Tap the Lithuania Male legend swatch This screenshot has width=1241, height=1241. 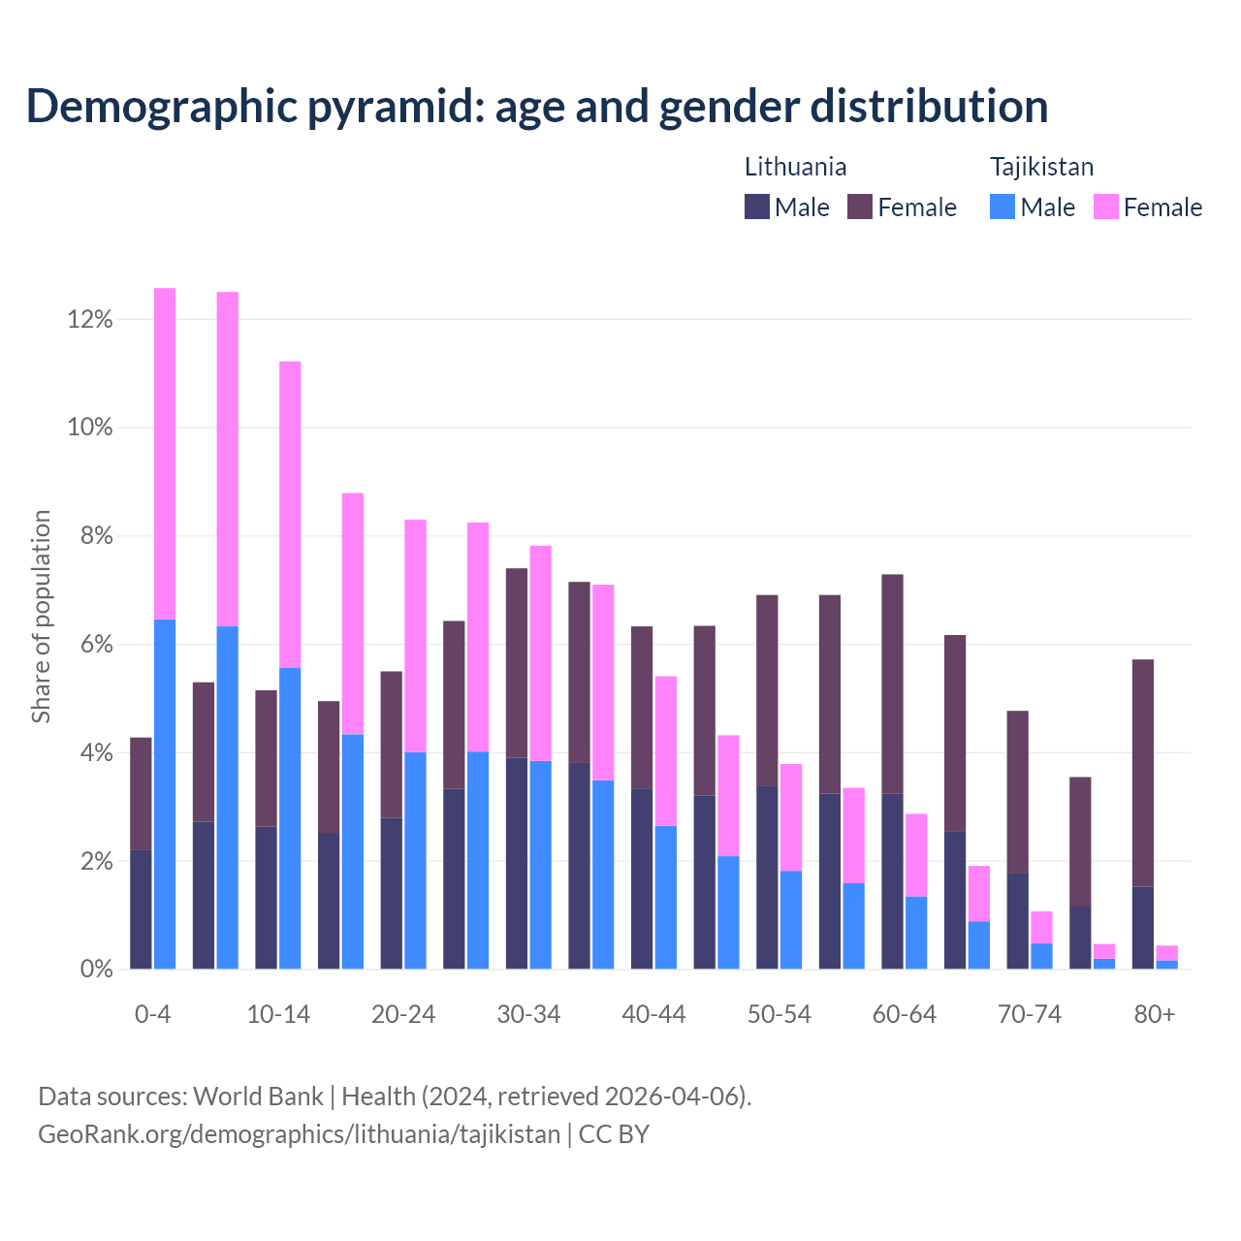(757, 207)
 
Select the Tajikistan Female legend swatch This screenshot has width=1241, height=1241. (1106, 207)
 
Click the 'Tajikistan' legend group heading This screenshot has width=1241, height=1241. (1041, 167)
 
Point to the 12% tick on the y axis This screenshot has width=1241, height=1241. (90, 319)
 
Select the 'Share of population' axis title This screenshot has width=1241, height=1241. (42, 617)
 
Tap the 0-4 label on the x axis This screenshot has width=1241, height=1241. (152, 1014)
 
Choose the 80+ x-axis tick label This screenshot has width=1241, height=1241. (1155, 1014)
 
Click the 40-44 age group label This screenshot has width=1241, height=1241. (653, 1014)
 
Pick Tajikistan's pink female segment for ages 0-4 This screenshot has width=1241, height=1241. (165, 454)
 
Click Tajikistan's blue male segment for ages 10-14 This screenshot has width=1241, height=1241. (290, 818)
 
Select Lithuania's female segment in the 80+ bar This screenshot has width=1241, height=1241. (1142, 773)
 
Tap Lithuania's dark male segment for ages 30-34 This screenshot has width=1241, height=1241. (517, 863)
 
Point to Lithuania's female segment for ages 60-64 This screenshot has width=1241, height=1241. (892, 684)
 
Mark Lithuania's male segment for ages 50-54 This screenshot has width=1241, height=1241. (767, 877)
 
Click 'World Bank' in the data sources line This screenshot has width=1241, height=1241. (258, 1097)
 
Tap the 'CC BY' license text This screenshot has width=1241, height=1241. (614, 1134)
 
